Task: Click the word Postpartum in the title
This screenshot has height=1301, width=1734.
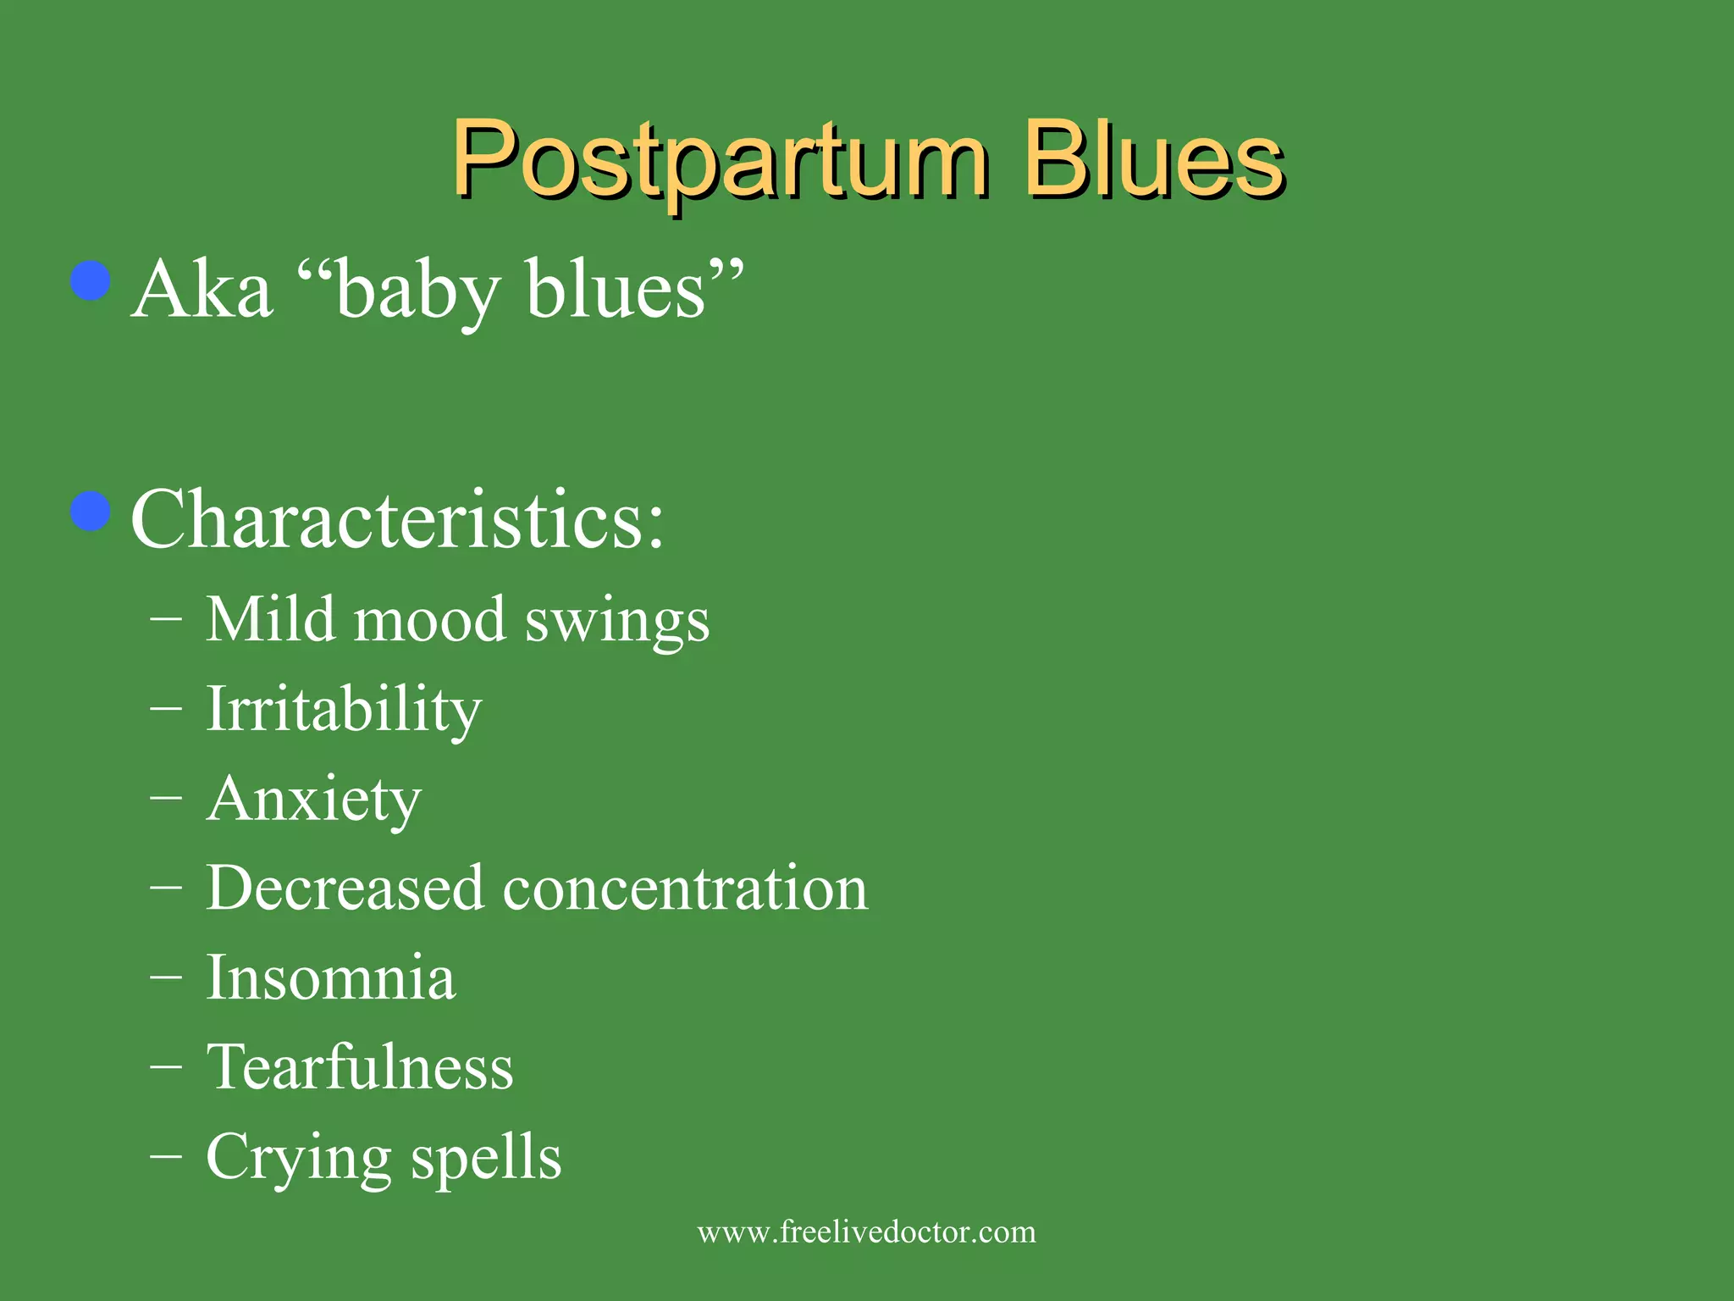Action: pyautogui.click(x=720, y=161)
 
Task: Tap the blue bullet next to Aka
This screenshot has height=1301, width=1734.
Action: pyautogui.click(x=91, y=281)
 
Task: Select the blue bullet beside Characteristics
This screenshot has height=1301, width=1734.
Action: pyautogui.click(x=91, y=511)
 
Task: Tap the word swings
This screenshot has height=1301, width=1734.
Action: pyautogui.click(x=616, y=623)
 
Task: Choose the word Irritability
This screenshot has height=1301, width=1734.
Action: pyautogui.click(x=344, y=710)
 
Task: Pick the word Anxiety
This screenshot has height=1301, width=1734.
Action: pyautogui.click(x=313, y=799)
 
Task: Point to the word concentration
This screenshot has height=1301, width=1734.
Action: pyautogui.click(x=685, y=889)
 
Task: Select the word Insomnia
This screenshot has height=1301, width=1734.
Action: pyautogui.click(x=330, y=977)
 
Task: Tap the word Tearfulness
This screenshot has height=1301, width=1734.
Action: pyautogui.click(x=360, y=1066)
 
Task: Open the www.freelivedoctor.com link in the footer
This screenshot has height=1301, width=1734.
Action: pyautogui.click(x=866, y=1232)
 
